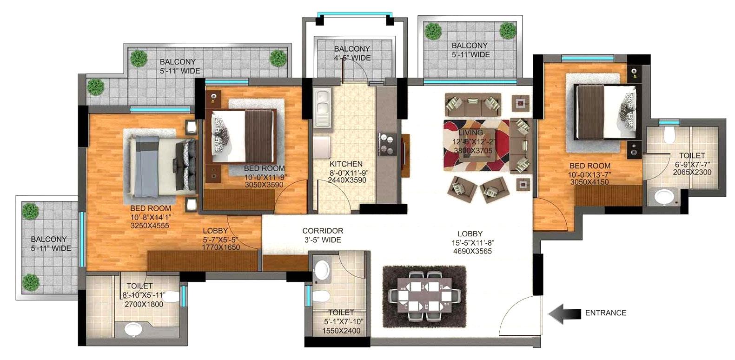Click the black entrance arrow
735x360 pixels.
(x=563, y=313)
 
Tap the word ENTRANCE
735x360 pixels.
(x=605, y=313)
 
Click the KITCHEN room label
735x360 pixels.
(x=346, y=164)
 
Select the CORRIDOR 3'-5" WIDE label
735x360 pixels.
(x=323, y=235)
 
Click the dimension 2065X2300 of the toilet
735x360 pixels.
(x=692, y=172)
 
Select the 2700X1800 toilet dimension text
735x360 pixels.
(x=144, y=304)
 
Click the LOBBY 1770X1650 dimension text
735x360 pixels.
(x=221, y=247)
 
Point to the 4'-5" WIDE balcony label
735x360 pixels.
(x=352, y=58)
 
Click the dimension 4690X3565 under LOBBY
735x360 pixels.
(x=470, y=251)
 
